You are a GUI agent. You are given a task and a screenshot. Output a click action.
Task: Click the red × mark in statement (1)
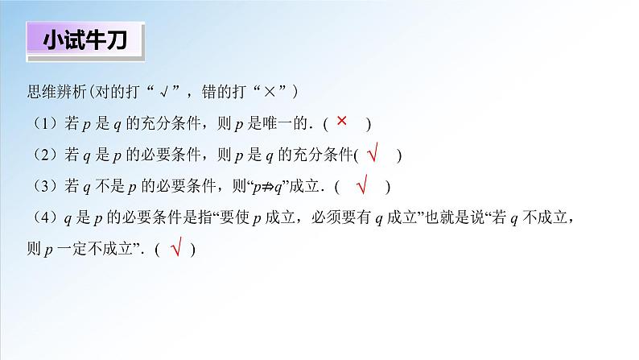coord(341,122)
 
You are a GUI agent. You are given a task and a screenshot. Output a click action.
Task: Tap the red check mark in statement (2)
coord(372,153)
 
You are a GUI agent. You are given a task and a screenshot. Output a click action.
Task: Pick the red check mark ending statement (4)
coord(175,248)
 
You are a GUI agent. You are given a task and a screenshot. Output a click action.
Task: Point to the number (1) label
coord(41,124)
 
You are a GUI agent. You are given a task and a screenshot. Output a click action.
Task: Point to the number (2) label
coord(41,155)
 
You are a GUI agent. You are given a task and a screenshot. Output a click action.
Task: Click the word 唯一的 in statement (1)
coord(287,124)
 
